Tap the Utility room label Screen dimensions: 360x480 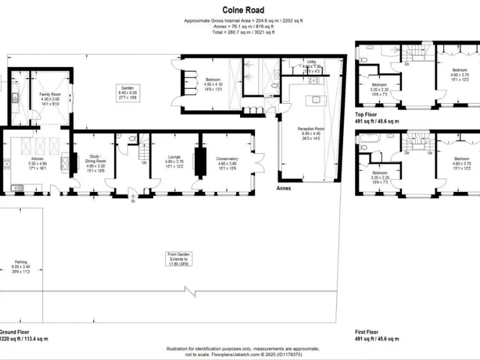coord(311,62)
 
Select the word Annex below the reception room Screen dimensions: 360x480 coord(284,187)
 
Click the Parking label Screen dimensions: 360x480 coord(21,262)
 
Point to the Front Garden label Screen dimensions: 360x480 coord(178,254)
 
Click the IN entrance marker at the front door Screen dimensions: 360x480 coord(132,201)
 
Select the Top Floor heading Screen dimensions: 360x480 coord(368,114)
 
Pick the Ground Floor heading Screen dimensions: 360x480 coord(14,332)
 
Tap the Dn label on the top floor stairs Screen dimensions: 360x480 coord(407,63)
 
